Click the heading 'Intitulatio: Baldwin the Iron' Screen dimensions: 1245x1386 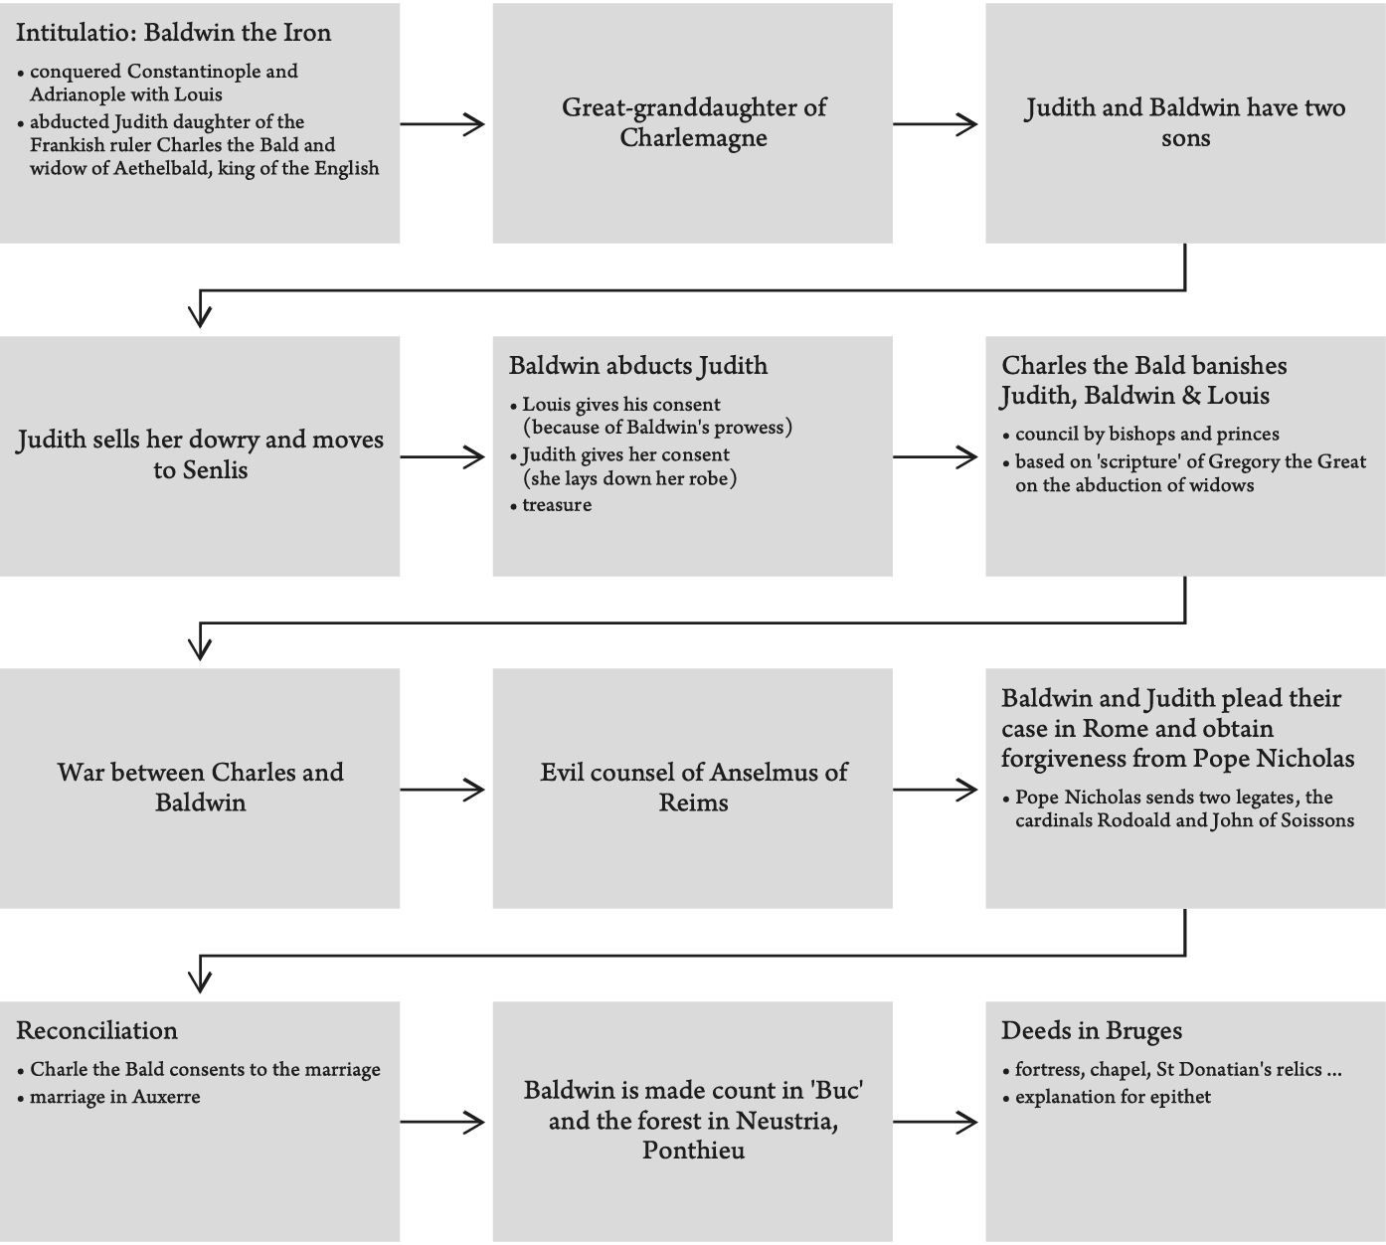[x=173, y=33]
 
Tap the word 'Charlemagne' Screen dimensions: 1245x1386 [x=693, y=137]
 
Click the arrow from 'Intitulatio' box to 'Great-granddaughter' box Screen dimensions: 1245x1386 [x=443, y=124]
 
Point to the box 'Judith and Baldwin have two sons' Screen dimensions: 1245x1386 [x=1185, y=122]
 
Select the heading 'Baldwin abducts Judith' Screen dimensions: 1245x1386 [x=637, y=366]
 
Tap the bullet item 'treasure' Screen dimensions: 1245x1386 [x=557, y=505]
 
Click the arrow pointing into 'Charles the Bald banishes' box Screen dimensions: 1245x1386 [x=936, y=457]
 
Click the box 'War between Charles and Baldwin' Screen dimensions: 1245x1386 [x=200, y=788]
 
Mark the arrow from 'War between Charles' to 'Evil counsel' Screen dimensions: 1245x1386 [x=443, y=791]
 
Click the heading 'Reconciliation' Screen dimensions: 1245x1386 [x=96, y=1030]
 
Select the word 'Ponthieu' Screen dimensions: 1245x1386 [x=693, y=1151]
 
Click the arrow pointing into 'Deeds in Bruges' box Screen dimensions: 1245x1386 [x=936, y=1123]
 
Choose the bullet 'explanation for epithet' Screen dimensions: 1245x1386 [x=1113, y=1097]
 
